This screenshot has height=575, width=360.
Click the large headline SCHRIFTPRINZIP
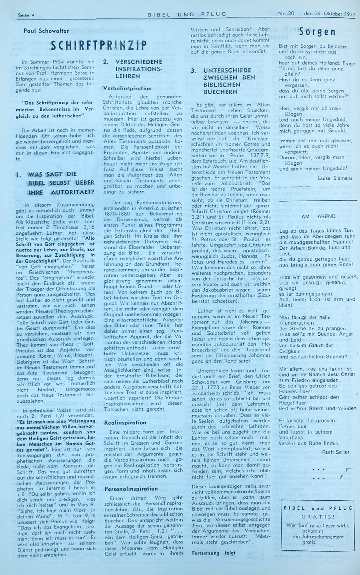pyautogui.click(x=99, y=46)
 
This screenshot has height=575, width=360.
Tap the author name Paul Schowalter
pyautogui.click(x=46, y=31)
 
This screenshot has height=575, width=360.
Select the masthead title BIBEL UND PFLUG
pyautogui.click(x=187, y=14)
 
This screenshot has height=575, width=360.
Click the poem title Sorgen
pyautogui.click(x=317, y=33)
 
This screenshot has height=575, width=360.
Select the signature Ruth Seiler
pyautogui.click(x=336, y=452)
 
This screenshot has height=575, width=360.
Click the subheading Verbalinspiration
pyautogui.click(x=127, y=88)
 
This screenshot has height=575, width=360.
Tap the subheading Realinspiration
pyautogui.click(x=125, y=423)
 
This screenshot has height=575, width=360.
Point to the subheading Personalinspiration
pyautogui.click(x=131, y=489)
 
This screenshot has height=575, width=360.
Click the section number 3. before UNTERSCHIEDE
pyautogui.click(x=194, y=70)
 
